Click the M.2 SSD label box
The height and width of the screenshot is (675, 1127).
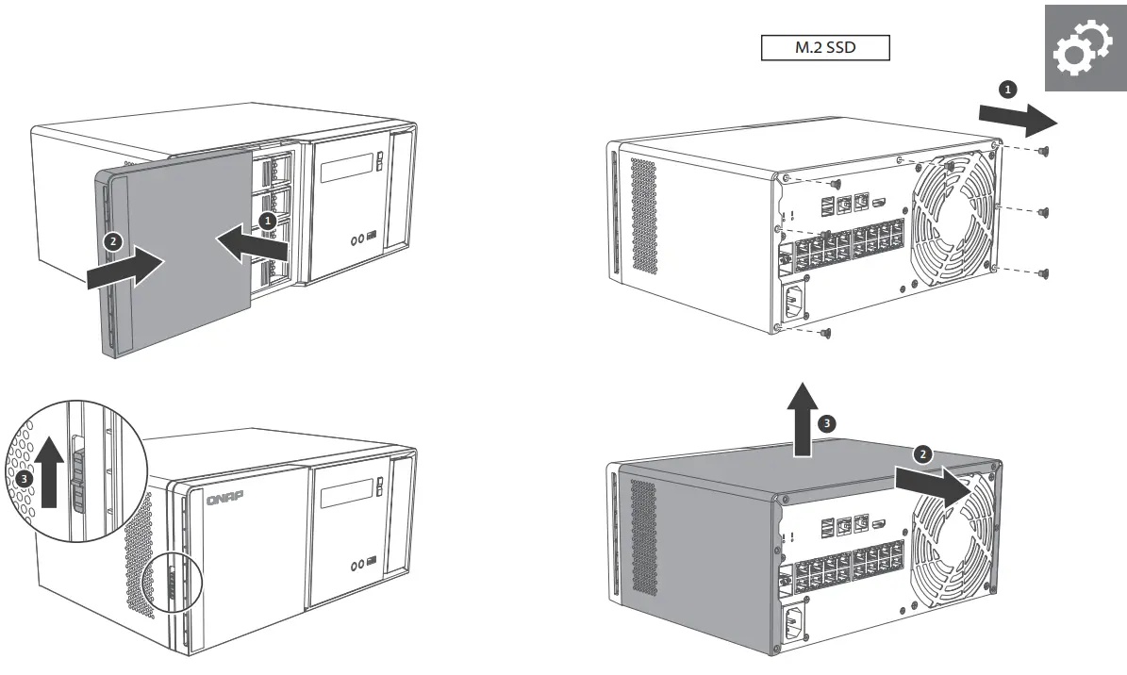tap(825, 48)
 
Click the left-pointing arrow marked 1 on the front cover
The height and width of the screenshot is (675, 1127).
tap(254, 243)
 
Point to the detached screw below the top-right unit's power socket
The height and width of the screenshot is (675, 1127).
tap(827, 333)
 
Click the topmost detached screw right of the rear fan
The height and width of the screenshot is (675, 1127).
tap(1042, 151)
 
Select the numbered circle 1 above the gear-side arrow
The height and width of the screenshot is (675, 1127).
tap(1007, 89)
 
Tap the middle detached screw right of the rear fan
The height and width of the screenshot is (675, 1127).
tap(1042, 212)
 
